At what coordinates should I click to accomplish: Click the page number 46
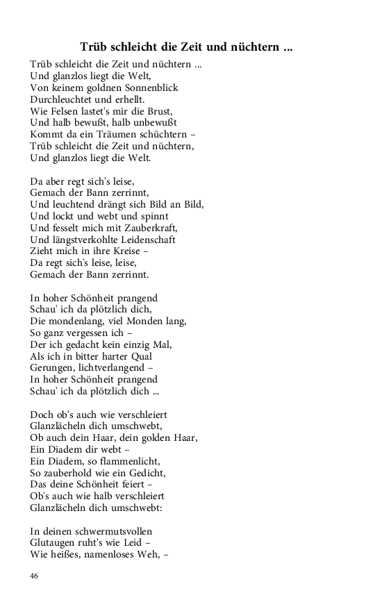click(x=35, y=576)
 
